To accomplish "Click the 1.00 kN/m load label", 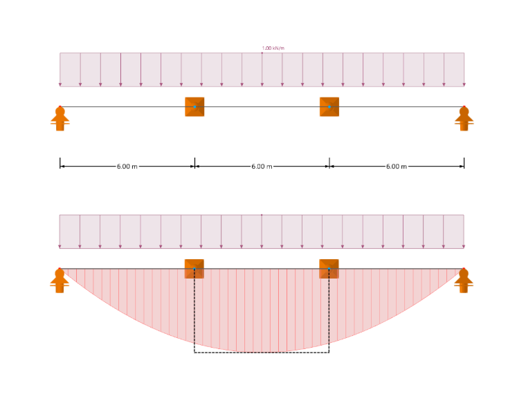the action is (273, 48).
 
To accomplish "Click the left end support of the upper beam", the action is (60, 119).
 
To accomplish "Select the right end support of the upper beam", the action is (464, 119).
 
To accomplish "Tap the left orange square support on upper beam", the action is (194, 107).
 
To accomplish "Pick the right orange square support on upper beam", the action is (329, 107).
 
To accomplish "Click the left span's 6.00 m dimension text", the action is (127, 167).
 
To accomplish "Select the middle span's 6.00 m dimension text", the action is (262, 167).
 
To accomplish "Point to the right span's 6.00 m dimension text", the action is (397, 167).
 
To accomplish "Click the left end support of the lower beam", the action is (60, 281).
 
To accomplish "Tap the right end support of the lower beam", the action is (464, 281).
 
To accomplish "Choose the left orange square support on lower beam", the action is (194, 269).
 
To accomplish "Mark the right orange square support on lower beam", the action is (329, 269).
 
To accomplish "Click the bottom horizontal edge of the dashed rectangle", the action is (262, 353).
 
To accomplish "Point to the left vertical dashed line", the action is (194, 310).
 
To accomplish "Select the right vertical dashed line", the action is (329, 310).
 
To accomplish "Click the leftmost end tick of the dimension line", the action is (60, 163).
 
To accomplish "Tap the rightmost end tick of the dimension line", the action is (464, 163).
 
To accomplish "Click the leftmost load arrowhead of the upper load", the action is (60, 85).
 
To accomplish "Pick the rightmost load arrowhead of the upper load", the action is (464, 85).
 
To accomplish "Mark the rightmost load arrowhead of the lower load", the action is (464, 247).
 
